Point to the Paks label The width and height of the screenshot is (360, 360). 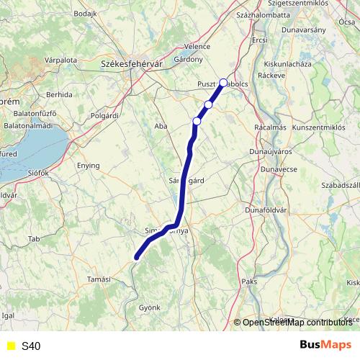pyautogui.click(x=249, y=282)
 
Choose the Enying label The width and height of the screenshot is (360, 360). pyautogui.click(x=89, y=166)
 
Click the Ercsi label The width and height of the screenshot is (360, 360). pyautogui.click(x=260, y=40)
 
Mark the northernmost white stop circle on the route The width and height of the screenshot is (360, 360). pyautogui.click(x=223, y=83)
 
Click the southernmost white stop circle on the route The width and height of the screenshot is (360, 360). pyautogui.click(x=197, y=121)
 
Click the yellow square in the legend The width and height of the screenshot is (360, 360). pyautogui.click(x=10, y=346)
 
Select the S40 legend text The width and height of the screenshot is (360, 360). pyautogui.click(x=31, y=346)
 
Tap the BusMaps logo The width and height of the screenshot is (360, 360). pyautogui.click(x=326, y=345)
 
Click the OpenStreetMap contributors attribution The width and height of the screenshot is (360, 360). pyautogui.click(x=296, y=323)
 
